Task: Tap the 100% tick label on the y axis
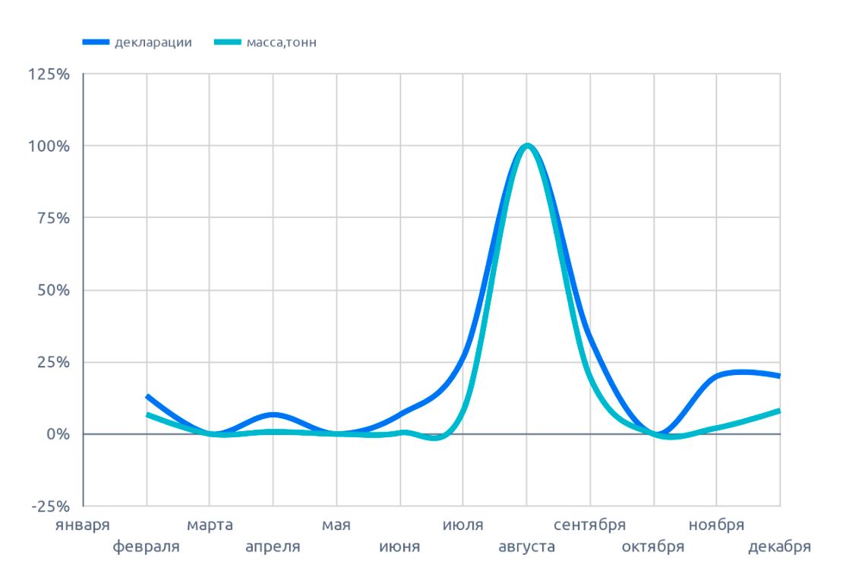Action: tap(49, 146)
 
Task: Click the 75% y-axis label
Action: tap(52, 218)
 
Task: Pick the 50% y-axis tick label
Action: tap(52, 290)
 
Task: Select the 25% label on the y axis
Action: tap(52, 362)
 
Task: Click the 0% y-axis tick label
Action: tap(56, 434)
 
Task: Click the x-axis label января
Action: tap(84, 525)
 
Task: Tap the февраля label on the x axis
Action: tap(147, 547)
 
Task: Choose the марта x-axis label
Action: tap(210, 525)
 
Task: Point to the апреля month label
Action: tap(273, 547)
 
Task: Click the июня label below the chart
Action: tap(399, 547)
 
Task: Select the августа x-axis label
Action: tap(526, 547)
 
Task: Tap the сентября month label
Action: tap(589, 525)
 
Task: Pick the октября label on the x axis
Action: tap(653, 547)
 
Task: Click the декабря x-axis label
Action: tap(779, 547)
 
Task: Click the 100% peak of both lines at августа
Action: tap(526, 146)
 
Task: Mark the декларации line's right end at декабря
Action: tap(779, 376)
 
